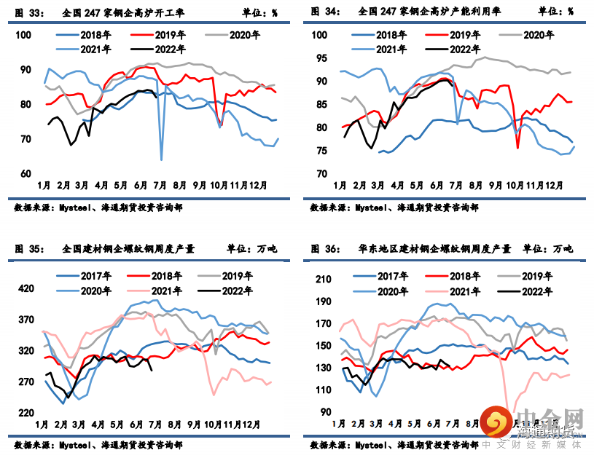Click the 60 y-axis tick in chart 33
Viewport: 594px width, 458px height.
point(26,173)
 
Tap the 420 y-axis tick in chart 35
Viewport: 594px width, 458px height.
point(26,289)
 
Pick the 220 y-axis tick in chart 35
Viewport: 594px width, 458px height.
point(26,413)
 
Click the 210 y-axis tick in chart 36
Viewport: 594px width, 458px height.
point(323,279)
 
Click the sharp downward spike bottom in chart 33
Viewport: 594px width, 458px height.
point(161,159)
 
